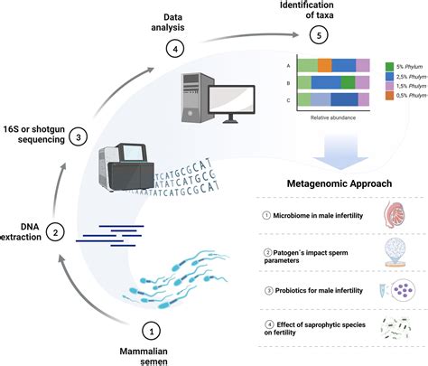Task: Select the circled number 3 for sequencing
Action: coord(79,137)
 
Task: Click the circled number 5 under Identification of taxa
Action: coord(316,34)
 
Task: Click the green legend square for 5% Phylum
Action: coord(388,66)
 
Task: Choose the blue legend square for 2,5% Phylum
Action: coord(388,80)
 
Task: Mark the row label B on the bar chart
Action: coord(286,82)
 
